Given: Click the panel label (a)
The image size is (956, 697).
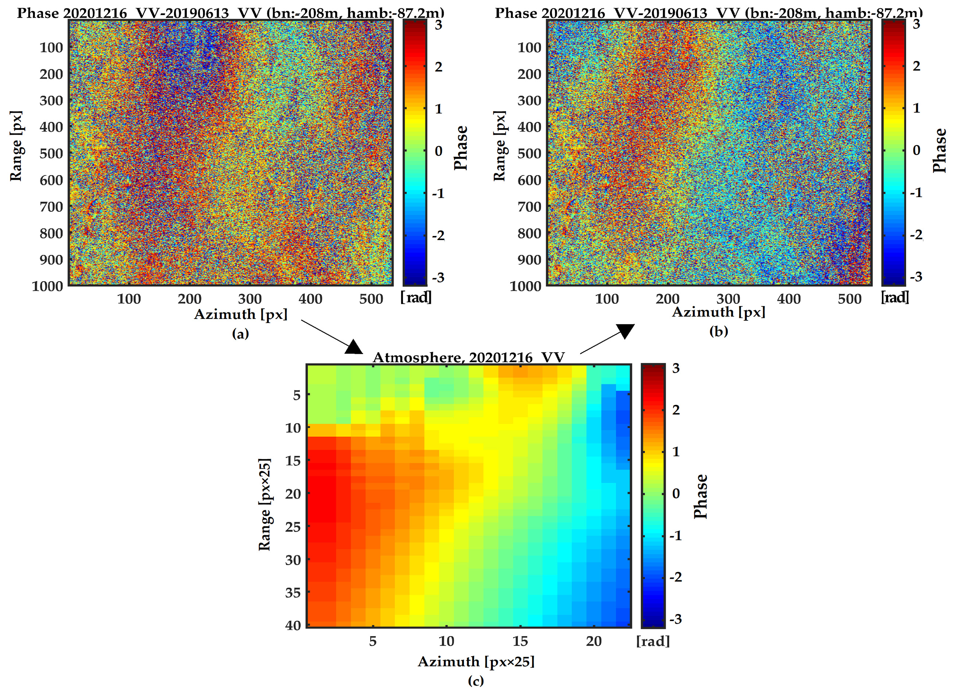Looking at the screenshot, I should click(x=240, y=334).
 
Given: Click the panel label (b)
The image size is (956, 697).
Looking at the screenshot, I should click(x=719, y=332).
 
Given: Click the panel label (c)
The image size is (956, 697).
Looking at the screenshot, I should click(x=476, y=680).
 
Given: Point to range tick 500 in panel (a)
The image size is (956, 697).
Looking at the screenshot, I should click(x=51, y=153).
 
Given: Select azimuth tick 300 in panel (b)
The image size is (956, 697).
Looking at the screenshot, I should click(x=728, y=299).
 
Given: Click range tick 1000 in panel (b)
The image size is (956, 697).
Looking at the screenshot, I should click(x=525, y=287).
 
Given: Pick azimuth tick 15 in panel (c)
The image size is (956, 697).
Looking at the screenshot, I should click(x=520, y=641).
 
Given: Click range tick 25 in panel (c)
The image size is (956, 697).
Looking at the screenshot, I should click(x=293, y=527).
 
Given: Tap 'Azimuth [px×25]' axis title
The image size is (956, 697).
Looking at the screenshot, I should click(x=476, y=661).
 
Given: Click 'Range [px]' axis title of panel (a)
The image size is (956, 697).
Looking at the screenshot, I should click(x=16, y=146).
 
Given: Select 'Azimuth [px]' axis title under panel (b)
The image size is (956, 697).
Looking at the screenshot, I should click(x=719, y=312).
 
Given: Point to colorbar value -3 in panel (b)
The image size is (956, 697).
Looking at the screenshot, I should click(x=916, y=277).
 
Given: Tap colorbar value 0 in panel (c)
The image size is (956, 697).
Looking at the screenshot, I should click(x=676, y=493).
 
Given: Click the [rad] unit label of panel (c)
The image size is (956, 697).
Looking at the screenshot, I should click(x=653, y=641).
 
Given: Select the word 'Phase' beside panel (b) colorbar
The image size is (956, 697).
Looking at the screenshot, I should click(x=939, y=150).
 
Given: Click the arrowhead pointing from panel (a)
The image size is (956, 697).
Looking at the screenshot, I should click(x=353, y=347).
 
